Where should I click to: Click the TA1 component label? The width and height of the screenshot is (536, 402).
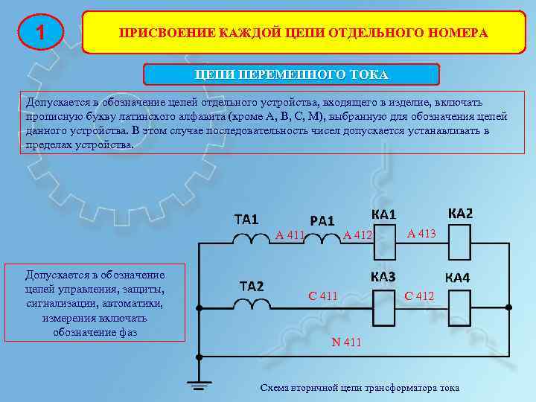coord(246,220)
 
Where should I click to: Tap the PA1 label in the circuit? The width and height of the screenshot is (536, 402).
coord(322,220)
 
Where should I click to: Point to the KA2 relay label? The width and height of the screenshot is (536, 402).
coord(459,213)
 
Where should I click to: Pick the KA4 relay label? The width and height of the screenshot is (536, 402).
coord(457,278)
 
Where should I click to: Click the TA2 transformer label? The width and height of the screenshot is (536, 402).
coord(251,286)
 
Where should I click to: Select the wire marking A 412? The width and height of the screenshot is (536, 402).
coord(357,236)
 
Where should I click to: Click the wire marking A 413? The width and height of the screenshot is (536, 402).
coord(421,234)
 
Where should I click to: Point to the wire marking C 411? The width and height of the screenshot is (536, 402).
coord(323,296)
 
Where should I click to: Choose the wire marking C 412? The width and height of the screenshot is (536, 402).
coord(419,296)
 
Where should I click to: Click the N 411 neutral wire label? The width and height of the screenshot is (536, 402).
coord(346,342)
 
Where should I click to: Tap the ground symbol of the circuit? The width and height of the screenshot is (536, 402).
coord(199,384)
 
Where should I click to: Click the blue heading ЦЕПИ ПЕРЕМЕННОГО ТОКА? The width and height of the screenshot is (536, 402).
coord(291,74)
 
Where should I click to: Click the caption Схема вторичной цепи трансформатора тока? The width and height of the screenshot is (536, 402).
coord(359,388)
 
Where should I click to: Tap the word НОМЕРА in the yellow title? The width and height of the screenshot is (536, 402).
coord(459,33)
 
